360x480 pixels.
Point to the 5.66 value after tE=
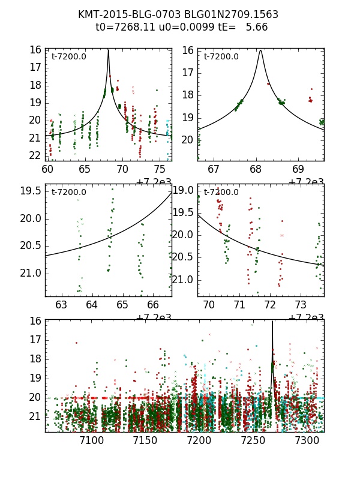click(256, 27)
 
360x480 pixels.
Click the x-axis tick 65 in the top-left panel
click(85, 170)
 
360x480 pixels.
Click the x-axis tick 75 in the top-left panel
click(160, 170)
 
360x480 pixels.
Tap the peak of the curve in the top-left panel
click(108, 50)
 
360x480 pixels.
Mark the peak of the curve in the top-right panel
click(260, 50)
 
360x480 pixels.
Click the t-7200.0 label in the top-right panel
click(221, 57)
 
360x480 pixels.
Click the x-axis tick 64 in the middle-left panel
click(92, 305)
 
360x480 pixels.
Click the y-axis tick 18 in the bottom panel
click(35, 359)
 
